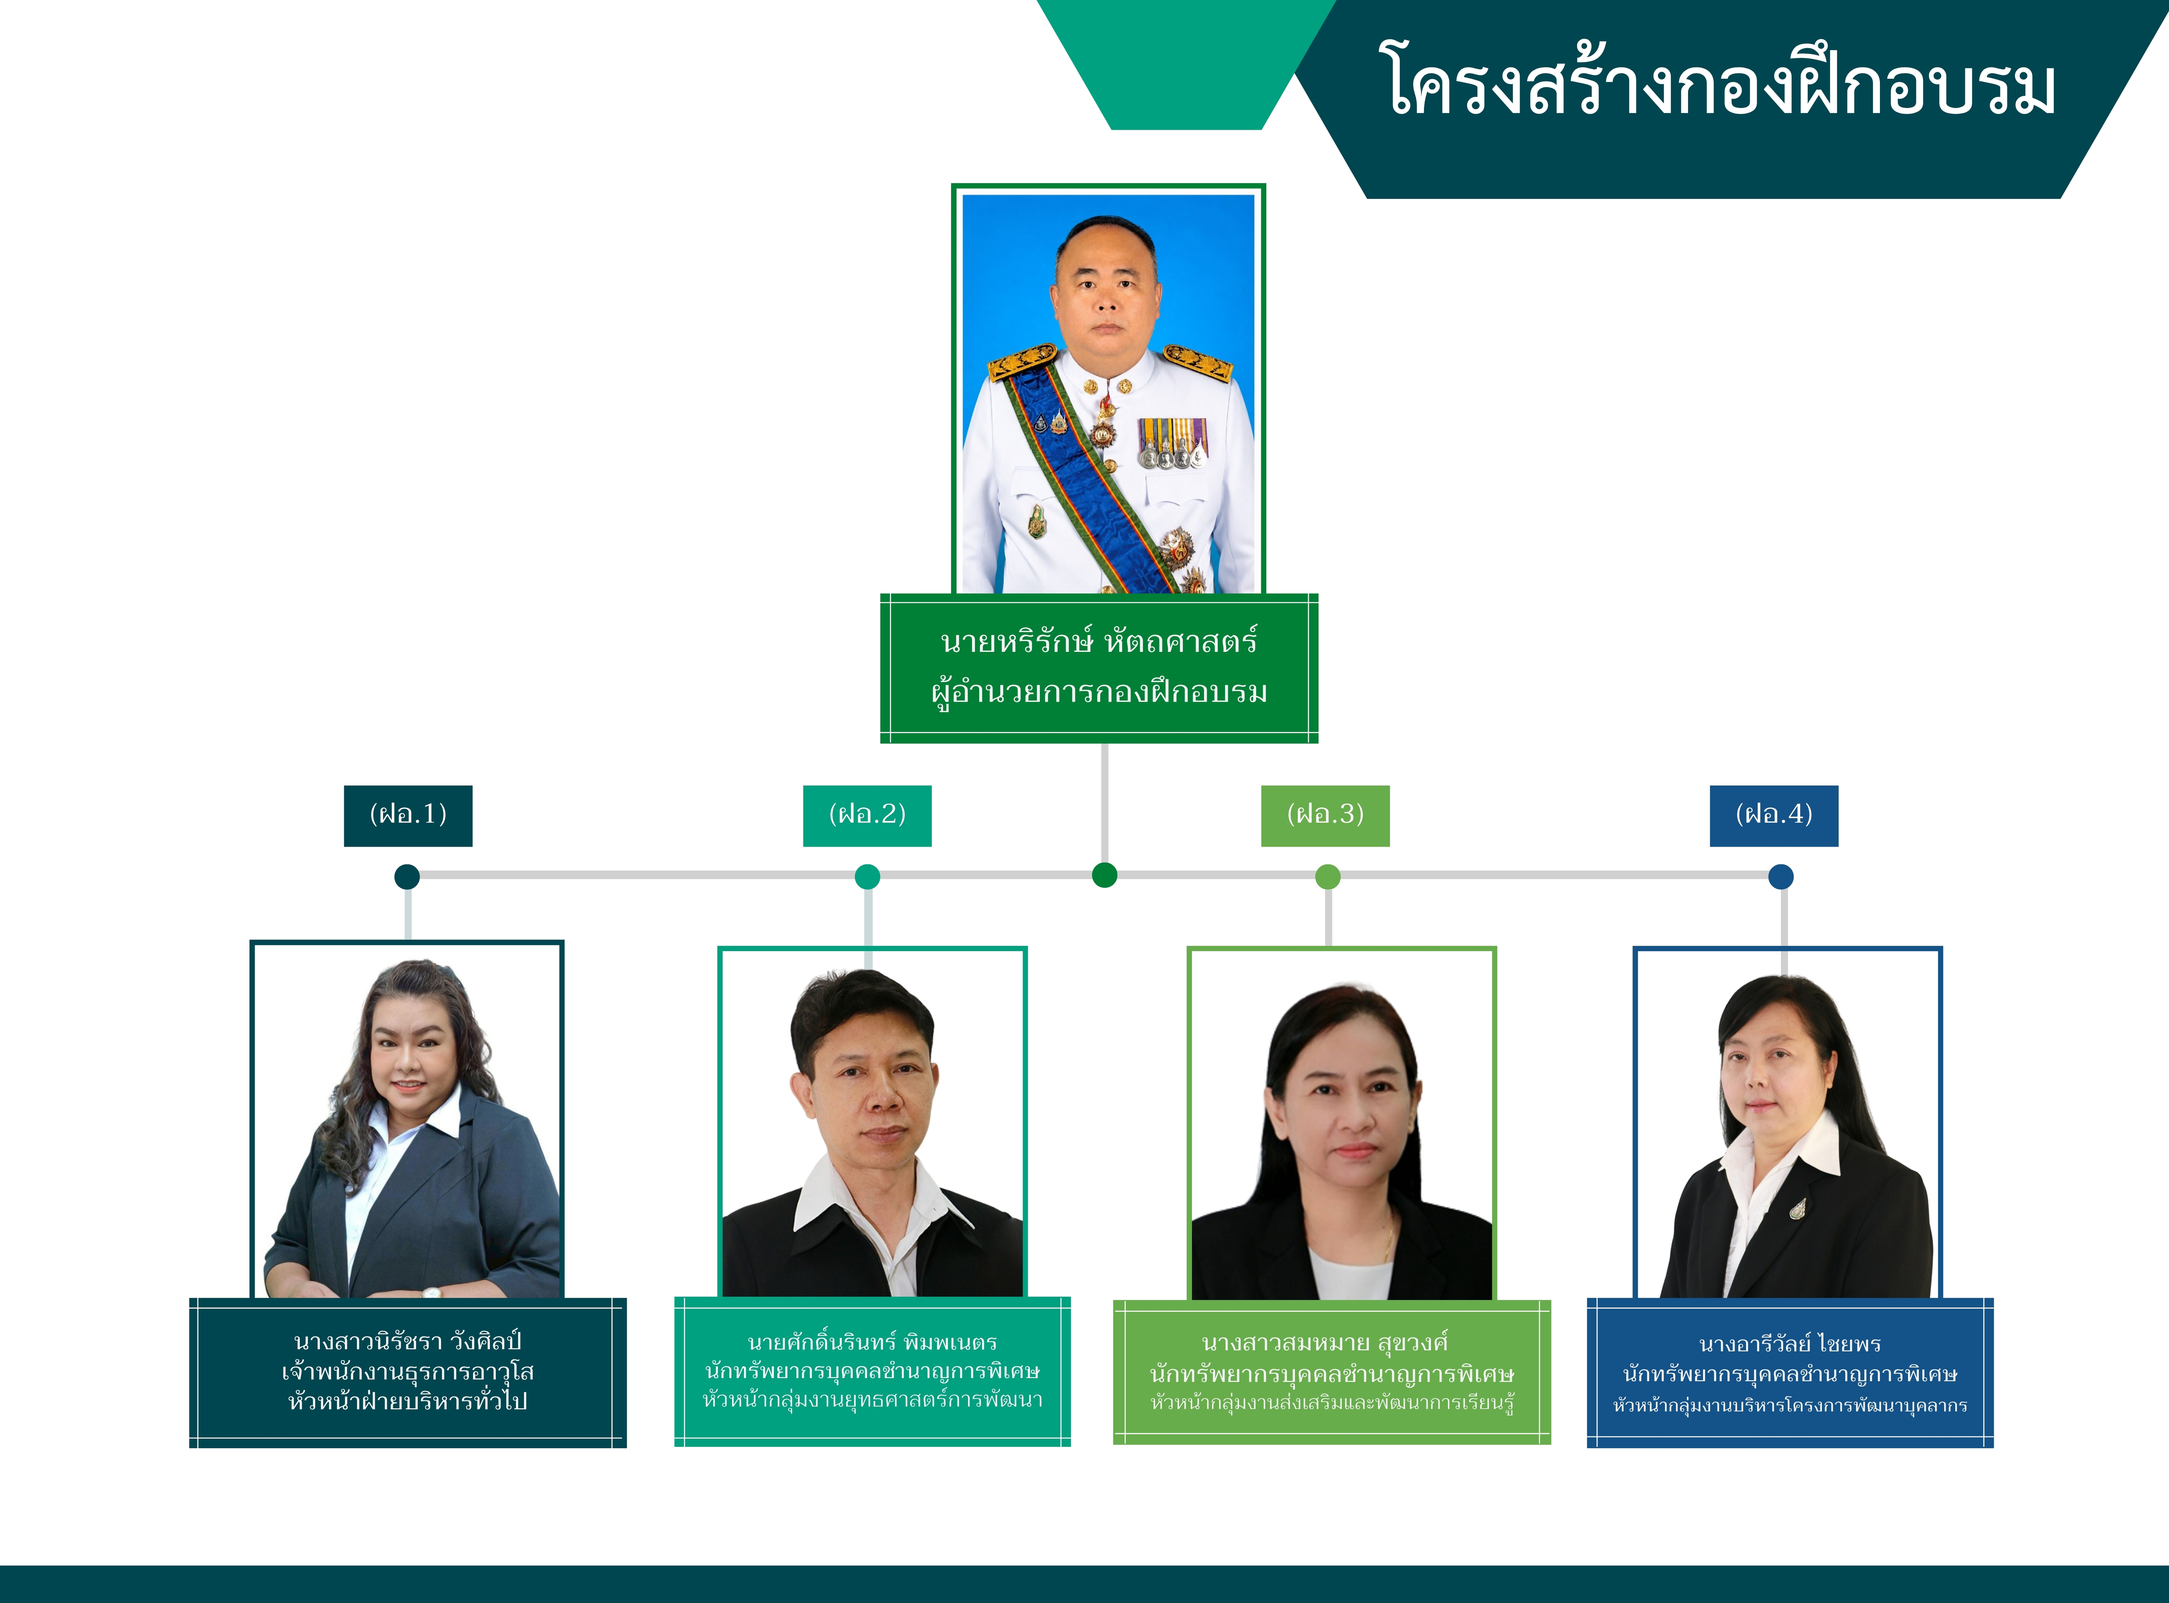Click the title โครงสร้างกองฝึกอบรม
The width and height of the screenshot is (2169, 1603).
click(x=1717, y=80)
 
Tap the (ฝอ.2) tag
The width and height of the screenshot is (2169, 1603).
click(x=867, y=815)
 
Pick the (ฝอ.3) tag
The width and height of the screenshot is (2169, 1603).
click(x=1325, y=815)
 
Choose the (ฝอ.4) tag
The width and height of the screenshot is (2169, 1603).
click(x=1773, y=815)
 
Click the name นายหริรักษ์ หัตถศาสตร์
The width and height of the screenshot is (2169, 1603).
click(x=1099, y=641)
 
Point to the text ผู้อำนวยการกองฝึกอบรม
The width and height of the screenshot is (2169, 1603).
click(x=1099, y=692)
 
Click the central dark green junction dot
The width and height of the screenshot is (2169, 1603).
click(x=1104, y=875)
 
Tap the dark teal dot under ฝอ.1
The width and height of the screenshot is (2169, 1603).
click(x=407, y=876)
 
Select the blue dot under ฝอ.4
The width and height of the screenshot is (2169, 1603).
click(x=1781, y=876)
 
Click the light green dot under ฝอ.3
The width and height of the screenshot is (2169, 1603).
click(x=1328, y=876)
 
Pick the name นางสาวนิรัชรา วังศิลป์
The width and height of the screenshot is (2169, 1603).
click(x=407, y=1341)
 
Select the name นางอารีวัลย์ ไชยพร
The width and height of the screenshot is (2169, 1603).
click(x=1790, y=1344)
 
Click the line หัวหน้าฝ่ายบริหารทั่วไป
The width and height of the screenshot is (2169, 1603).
click(x=407, y=1401)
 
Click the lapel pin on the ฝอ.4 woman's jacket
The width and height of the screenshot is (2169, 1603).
click(x=1797, y=1207)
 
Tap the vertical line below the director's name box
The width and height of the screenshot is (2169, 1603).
click(x=1104, y=802)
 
